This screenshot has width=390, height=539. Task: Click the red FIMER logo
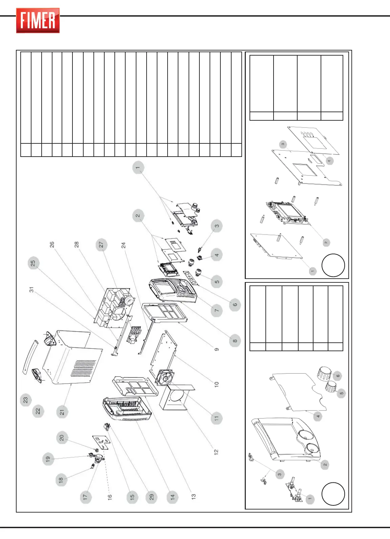pos(38,21)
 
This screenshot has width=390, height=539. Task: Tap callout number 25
pos(33,263)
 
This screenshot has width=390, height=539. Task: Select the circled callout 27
pos(101,244)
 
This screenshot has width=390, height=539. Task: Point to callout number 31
pos(31,290)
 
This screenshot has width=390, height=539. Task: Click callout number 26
pos(52,244)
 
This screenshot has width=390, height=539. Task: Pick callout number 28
pos(77,244)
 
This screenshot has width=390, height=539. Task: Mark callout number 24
pos(124,245)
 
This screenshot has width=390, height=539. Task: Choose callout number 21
pos(62,412)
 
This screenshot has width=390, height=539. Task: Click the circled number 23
pos(26,400)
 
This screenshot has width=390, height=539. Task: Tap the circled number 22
pos(38,411)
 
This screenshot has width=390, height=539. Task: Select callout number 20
pos(62,438)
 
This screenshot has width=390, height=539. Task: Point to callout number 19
pos(48,459)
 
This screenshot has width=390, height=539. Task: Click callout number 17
pos(85,497)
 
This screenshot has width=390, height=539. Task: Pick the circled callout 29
pos(152,497)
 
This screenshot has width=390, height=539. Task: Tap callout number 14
pos(173,497)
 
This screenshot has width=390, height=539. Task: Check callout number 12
pos(216,452)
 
